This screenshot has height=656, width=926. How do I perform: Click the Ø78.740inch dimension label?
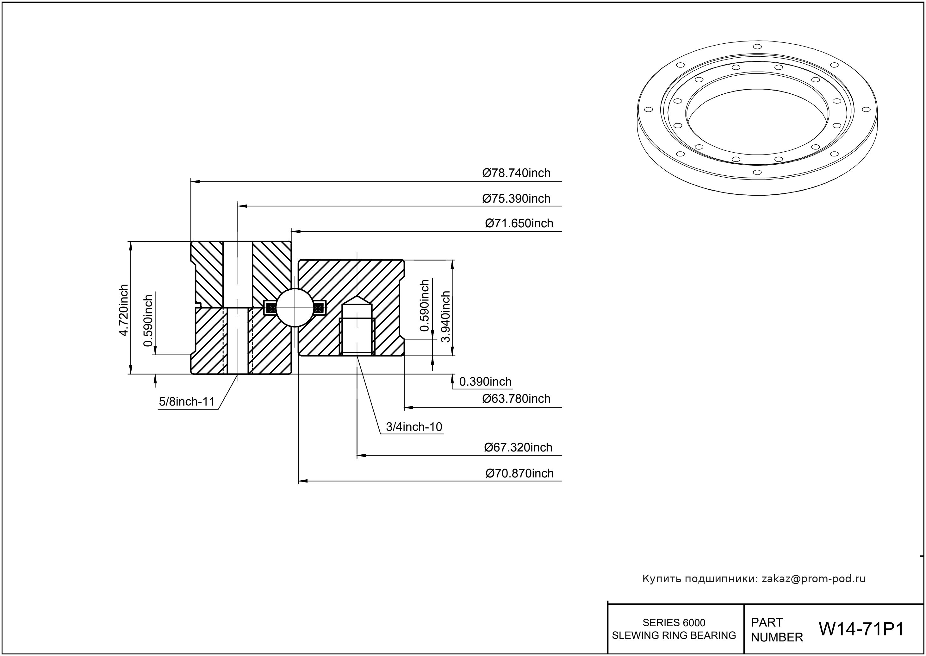point(516,173)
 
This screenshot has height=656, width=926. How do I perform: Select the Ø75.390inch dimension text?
point(516,199)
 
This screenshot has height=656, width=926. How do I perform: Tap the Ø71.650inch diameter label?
point(519,224)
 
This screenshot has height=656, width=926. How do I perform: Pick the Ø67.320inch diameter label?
point(518,448)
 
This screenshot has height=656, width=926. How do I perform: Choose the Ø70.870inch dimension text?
point(519,473)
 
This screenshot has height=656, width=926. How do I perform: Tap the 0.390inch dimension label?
point(485,382)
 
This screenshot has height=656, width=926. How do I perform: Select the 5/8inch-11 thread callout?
point(186,401)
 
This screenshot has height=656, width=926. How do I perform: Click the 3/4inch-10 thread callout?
point(414,427)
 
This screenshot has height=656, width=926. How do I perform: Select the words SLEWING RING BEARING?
point(674,635)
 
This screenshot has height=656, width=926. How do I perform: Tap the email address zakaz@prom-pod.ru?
point(813,579)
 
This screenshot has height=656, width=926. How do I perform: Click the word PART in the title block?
point(767,622)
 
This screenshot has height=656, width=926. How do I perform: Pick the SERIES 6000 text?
point(674,622)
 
